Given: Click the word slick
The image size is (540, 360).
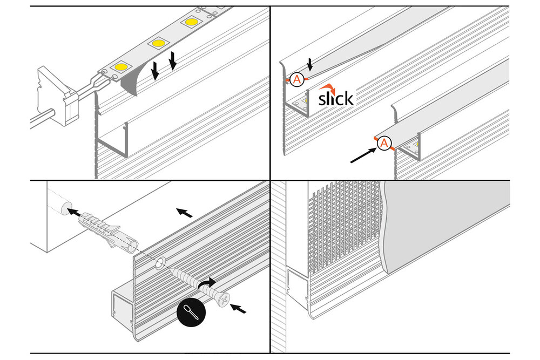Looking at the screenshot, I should point(335,99).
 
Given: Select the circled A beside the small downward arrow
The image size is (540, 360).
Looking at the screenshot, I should point(296,79).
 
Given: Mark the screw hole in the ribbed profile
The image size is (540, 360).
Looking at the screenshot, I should point(160,263).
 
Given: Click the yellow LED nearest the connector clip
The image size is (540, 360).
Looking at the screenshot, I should point(120,67).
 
